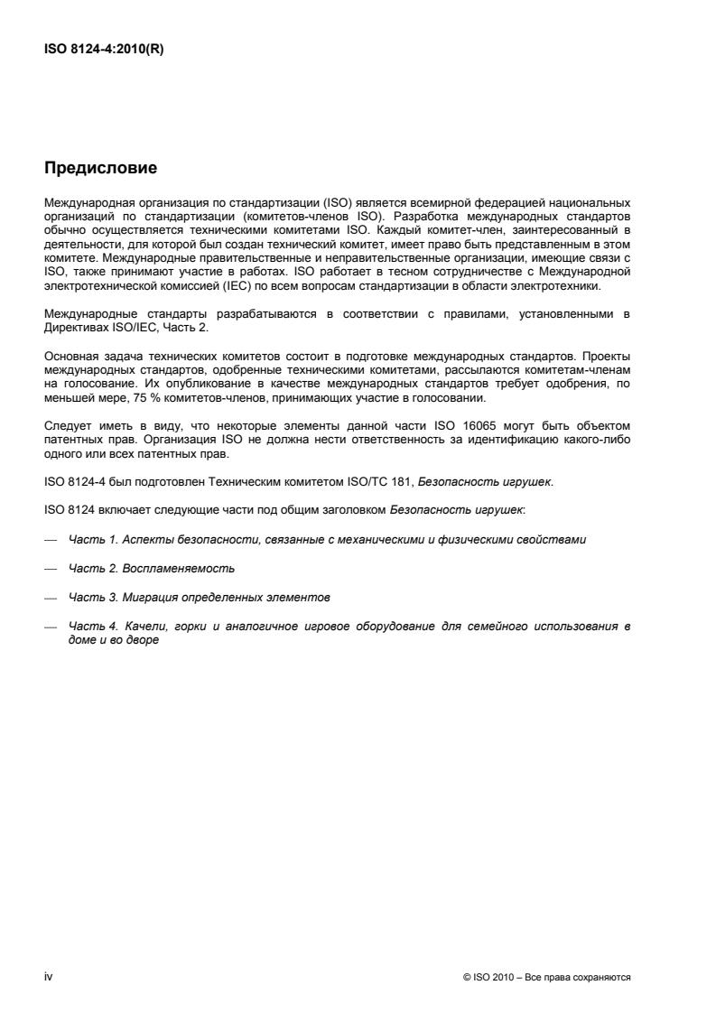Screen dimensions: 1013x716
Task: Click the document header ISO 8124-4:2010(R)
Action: tap(104, 51)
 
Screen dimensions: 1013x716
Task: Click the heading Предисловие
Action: tap(101, 167)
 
